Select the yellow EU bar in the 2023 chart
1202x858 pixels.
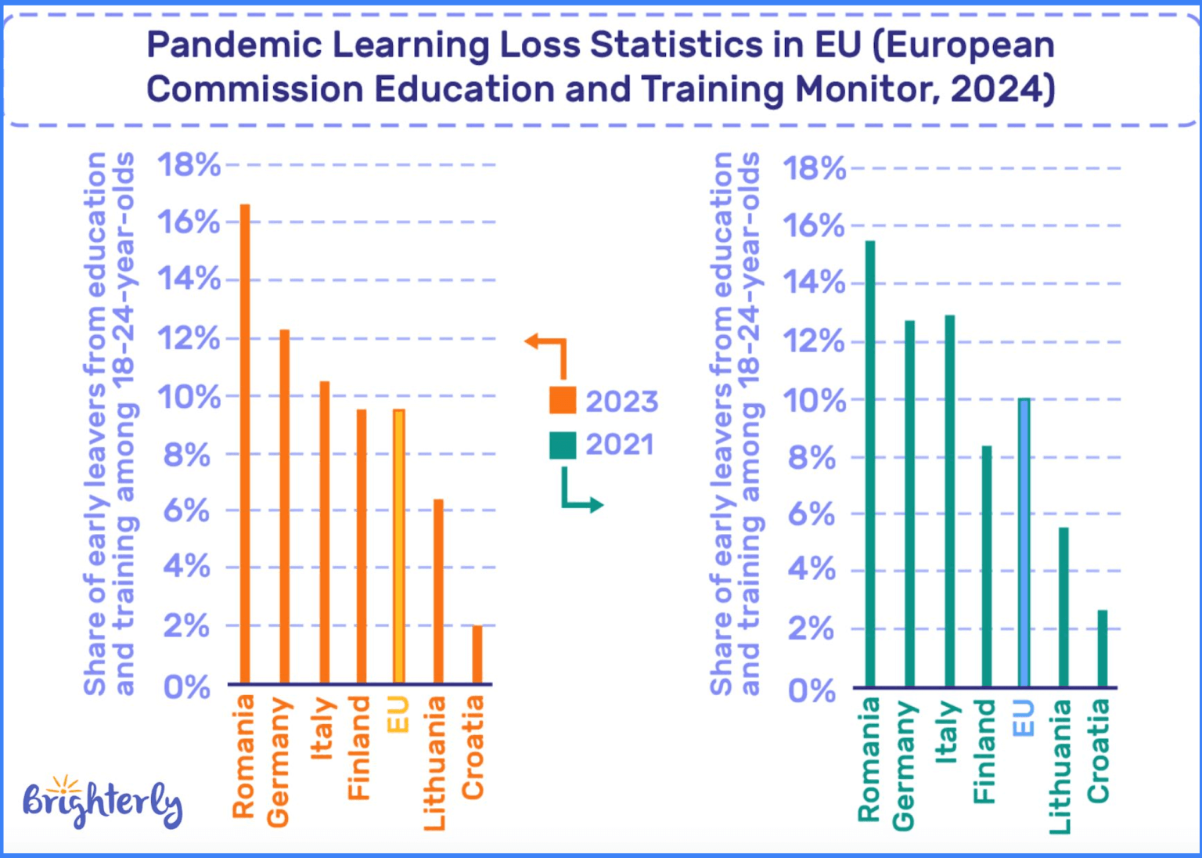pyautogui.click(x=399, y=546)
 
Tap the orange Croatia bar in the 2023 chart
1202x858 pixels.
pyautogui.click(x=477, y=654)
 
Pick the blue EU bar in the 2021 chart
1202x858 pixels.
pyautogui.click(x=1024, y=543)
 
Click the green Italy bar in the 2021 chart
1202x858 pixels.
pyautogui.click(x=949, y=501)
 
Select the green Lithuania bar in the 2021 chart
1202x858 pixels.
pyautogui.click(x=1063, y=607)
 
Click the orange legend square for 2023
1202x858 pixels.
pyautogui.click(x=563, y=400)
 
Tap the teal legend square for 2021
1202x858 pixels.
pyautogui.click(x=563, y=445)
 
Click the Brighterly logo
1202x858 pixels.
pyautogui.click(x=102, y=802)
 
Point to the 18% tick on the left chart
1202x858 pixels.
pyautogui.click(x=189, y=165)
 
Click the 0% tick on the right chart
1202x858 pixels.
pyautogui.click(x=812, y=691)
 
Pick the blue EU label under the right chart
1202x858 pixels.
pyautogui.click(x=1024, y=719)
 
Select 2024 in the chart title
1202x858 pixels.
pyautogui.click(x=995, y=89)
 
